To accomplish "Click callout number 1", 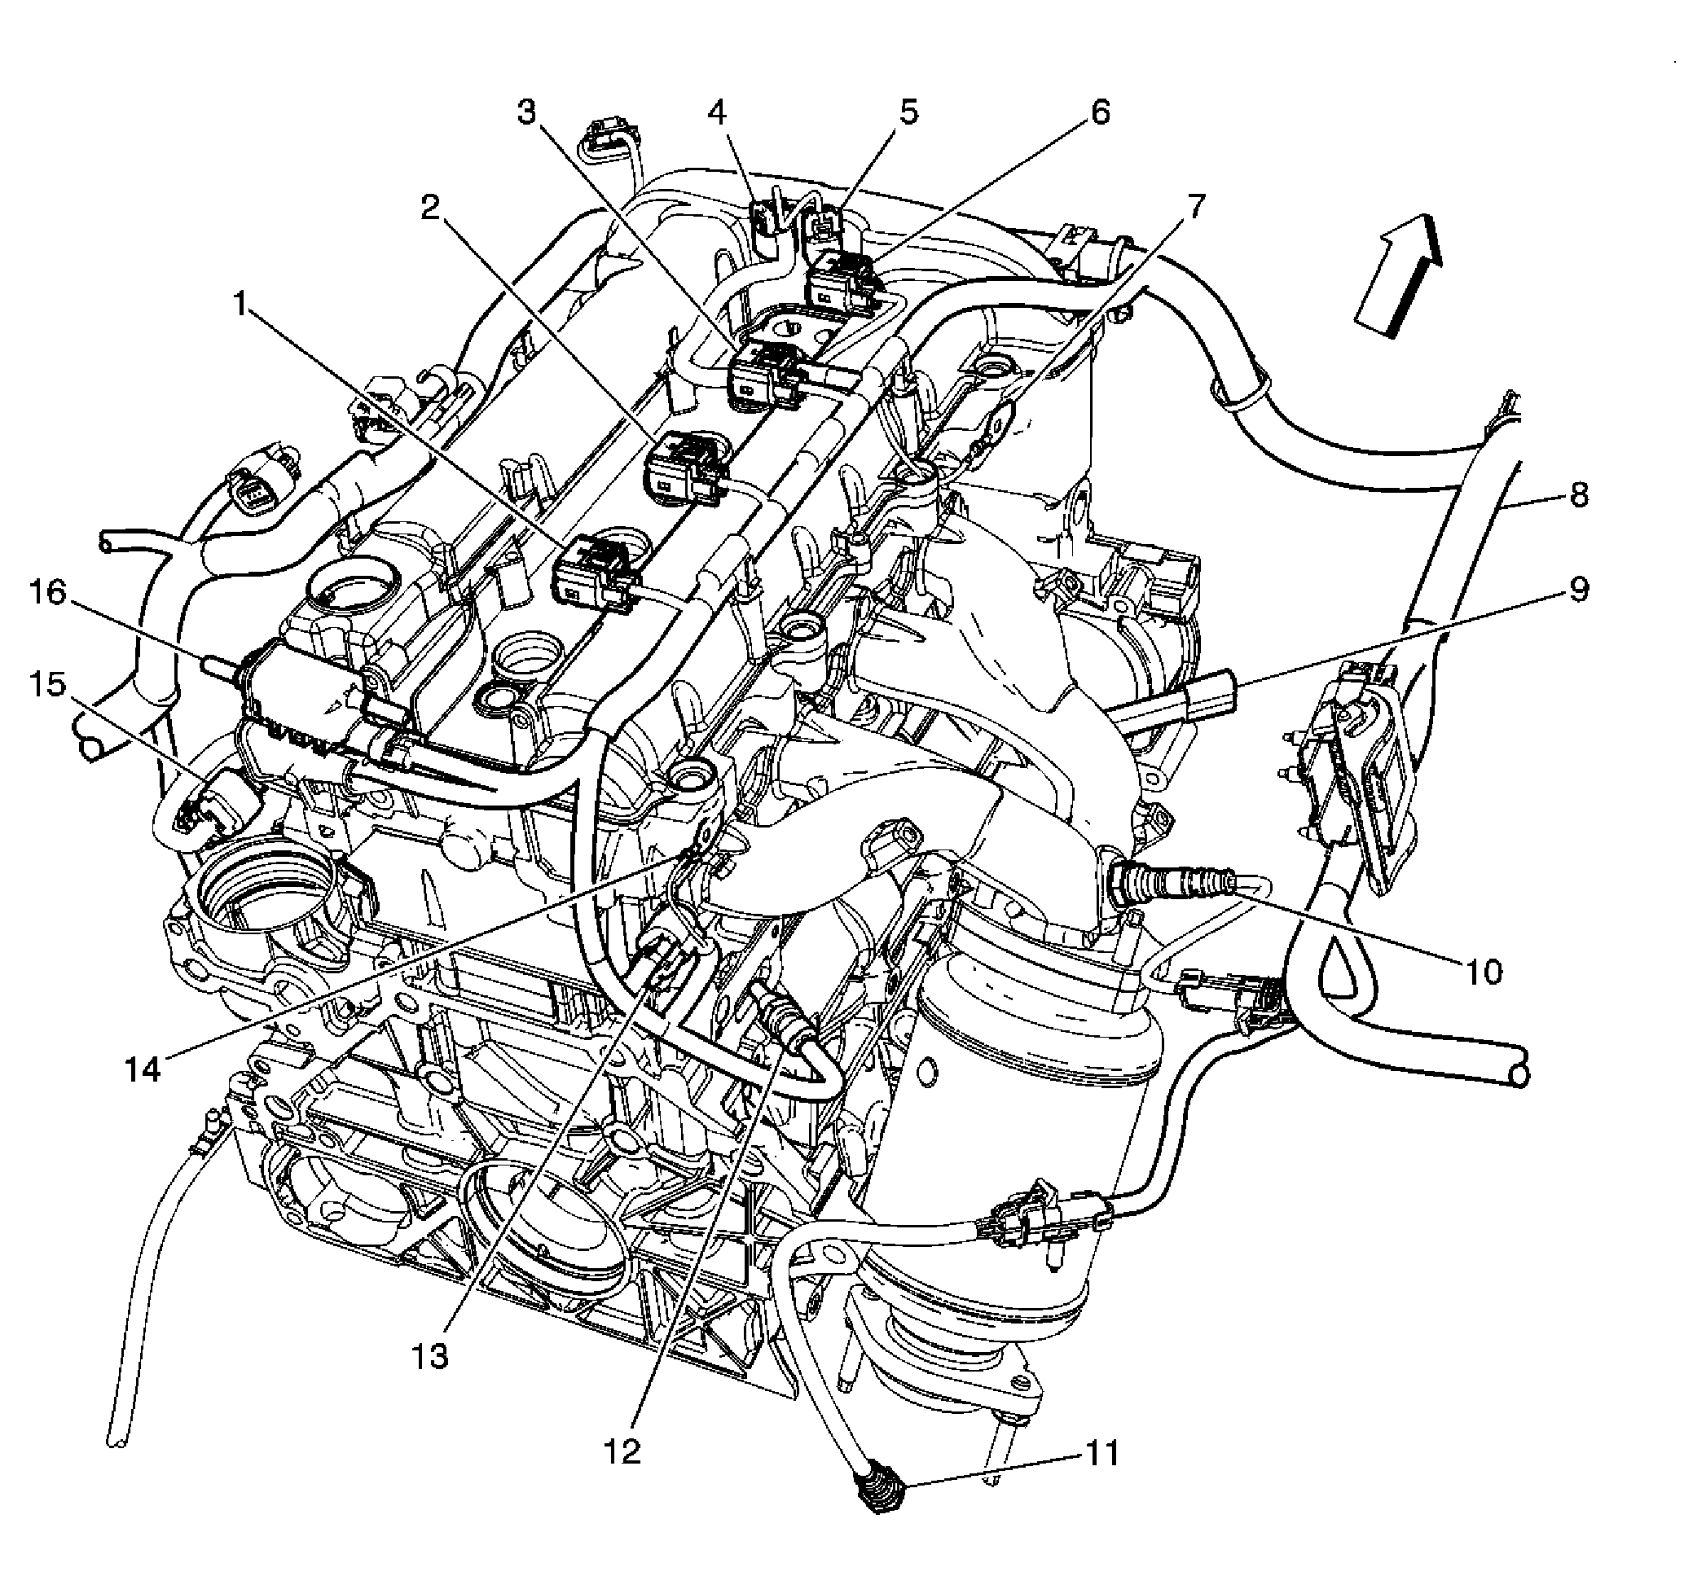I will coord(241,305).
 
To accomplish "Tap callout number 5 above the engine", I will coord(909,112).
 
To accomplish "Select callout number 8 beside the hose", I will coord(1579,494).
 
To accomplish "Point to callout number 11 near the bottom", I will coord(1101,1453).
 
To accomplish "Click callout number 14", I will coord(143,1069).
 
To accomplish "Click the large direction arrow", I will coord(1399,274).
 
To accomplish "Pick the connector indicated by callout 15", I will coord(219,800).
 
